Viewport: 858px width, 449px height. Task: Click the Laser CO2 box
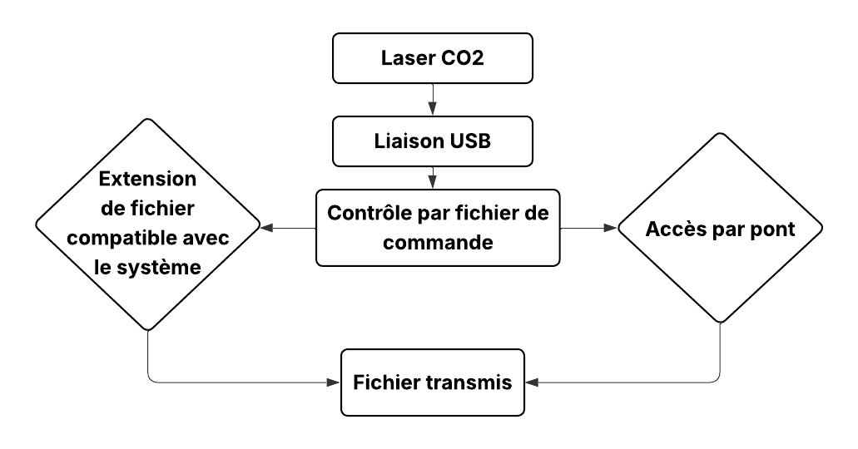pyautogui.click(x=432, y=59)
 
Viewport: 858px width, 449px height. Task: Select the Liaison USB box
pyautogui.click(x=432, y=141)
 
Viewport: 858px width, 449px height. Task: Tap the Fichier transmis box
pyautogui.click(x=432, y=382)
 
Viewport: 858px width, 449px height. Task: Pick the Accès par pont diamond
pyautogui.click(x=720, y=228)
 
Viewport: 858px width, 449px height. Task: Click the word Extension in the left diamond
pyautogui.click(x=147, y=179)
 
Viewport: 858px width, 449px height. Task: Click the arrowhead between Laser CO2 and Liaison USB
pyautogui.click(x=432, y=108)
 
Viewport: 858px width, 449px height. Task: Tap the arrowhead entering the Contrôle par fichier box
pyautogui.click(x=432, y=182)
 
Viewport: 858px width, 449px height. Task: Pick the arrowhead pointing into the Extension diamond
pyautogui.click(x=266, y=228)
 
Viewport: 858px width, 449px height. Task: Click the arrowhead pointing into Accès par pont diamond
pyautogui.click(x=610, y=228)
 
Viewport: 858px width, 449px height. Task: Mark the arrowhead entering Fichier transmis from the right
pyautogui.click(x=532, y=382)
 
